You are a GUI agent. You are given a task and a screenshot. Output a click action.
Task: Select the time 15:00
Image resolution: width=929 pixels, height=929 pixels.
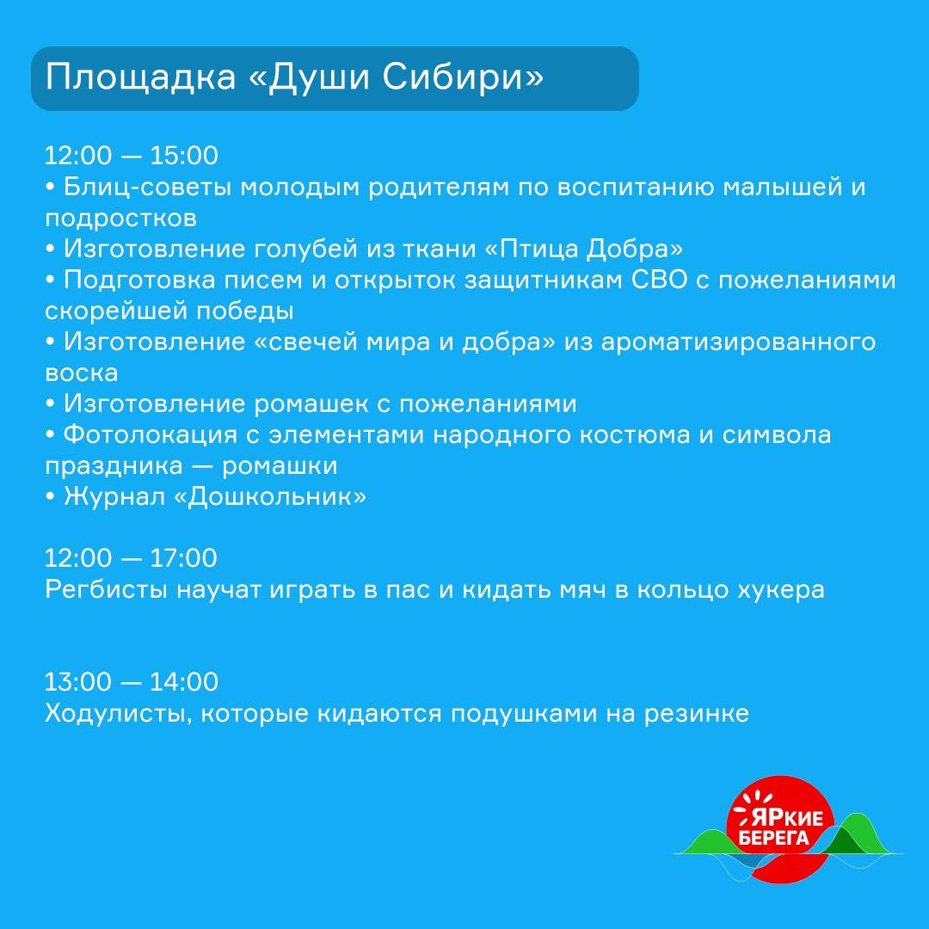184,155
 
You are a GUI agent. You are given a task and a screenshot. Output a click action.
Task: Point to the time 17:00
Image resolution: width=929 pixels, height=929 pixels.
184,558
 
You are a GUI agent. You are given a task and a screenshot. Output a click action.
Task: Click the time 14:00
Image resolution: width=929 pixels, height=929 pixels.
184,682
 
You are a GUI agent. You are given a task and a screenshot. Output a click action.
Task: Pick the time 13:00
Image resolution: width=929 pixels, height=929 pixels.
78,682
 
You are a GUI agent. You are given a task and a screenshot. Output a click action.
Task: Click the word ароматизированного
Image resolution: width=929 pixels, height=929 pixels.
738,342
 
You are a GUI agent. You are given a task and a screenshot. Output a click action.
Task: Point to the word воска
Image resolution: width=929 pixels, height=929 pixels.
82,373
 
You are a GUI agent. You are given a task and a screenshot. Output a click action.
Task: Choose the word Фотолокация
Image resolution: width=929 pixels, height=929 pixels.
151,435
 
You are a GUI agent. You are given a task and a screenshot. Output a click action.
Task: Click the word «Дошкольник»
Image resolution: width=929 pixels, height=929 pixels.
270,497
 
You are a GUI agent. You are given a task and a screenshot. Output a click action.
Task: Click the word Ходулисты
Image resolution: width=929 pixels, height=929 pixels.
119,714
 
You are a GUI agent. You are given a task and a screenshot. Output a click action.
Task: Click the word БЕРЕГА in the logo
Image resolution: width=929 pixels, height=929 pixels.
774,838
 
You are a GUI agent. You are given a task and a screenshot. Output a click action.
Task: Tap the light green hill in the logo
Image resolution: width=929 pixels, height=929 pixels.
708,842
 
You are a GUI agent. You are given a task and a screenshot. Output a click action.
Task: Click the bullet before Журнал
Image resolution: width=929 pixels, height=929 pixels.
50,497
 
